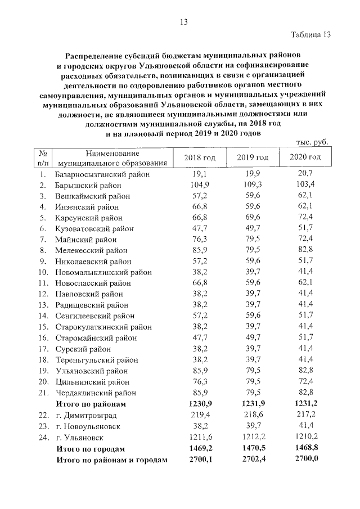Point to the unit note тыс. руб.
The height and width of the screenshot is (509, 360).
(312, 142)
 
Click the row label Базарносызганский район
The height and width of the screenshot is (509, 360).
(103, 175)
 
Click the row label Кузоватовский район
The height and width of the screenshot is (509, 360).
(94, 229)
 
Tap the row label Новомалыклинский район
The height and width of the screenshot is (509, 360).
(103, 273)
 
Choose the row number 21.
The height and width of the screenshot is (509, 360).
(43, 393)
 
